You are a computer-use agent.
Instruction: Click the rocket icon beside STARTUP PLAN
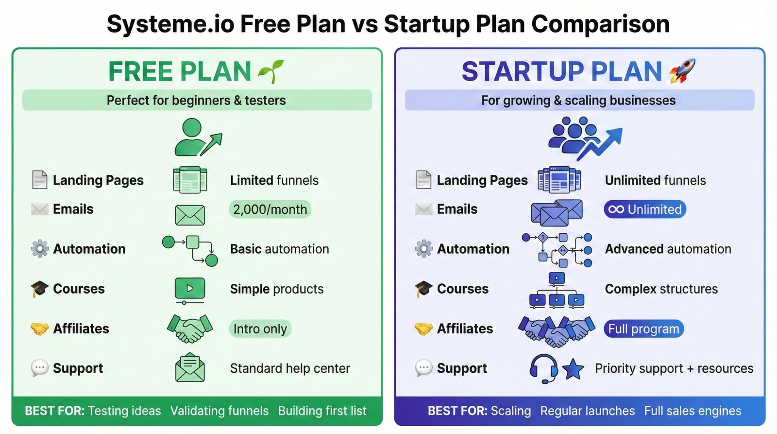pyautogui.click(x=682, y=71)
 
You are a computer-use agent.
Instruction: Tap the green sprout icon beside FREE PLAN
pyautogui.click(x=271, y=71)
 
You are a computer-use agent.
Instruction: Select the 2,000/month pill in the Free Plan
pyautogui.click(x=270, y=209)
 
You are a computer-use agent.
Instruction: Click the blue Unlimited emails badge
pyautogui.click(x=645, y=209)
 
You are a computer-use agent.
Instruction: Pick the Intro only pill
pyautogui.click(x=260, y=329)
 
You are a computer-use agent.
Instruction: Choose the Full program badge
pyautogui.click(x=643, y=329)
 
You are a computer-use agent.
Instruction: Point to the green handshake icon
pyautogui.click(x=190, y=328)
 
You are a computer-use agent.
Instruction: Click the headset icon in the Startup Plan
pyautogui.click(x=543, y=368)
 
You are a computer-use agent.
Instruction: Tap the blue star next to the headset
pyautogui.click(x=573, y=369)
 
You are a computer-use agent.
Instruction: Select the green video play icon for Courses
pyautogui.click(x=189, y=289)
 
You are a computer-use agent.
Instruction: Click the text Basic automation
pyautogui.click(x=279, y=249)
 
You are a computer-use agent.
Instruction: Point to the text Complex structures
pyautogui.click(x=661, y=289)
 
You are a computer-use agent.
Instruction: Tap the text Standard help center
pyautogui.click(x=290, y=368)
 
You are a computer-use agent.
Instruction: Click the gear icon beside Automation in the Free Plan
pyautogui.click(x=40, y=249)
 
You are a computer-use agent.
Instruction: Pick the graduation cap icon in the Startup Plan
pyautogui.click(x=423, y=289)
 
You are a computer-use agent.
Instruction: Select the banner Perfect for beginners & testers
pyautogui.click(x=197, y=100)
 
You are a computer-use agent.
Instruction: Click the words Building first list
pyautogui.click(x=322, y=411)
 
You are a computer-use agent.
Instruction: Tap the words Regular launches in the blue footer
pyautogui.click(x=587, y=411)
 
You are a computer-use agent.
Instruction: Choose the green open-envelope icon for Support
pyautogui.click(x=190, y=368)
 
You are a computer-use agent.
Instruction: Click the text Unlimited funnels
pyautogui.click(x=655, y=180)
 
